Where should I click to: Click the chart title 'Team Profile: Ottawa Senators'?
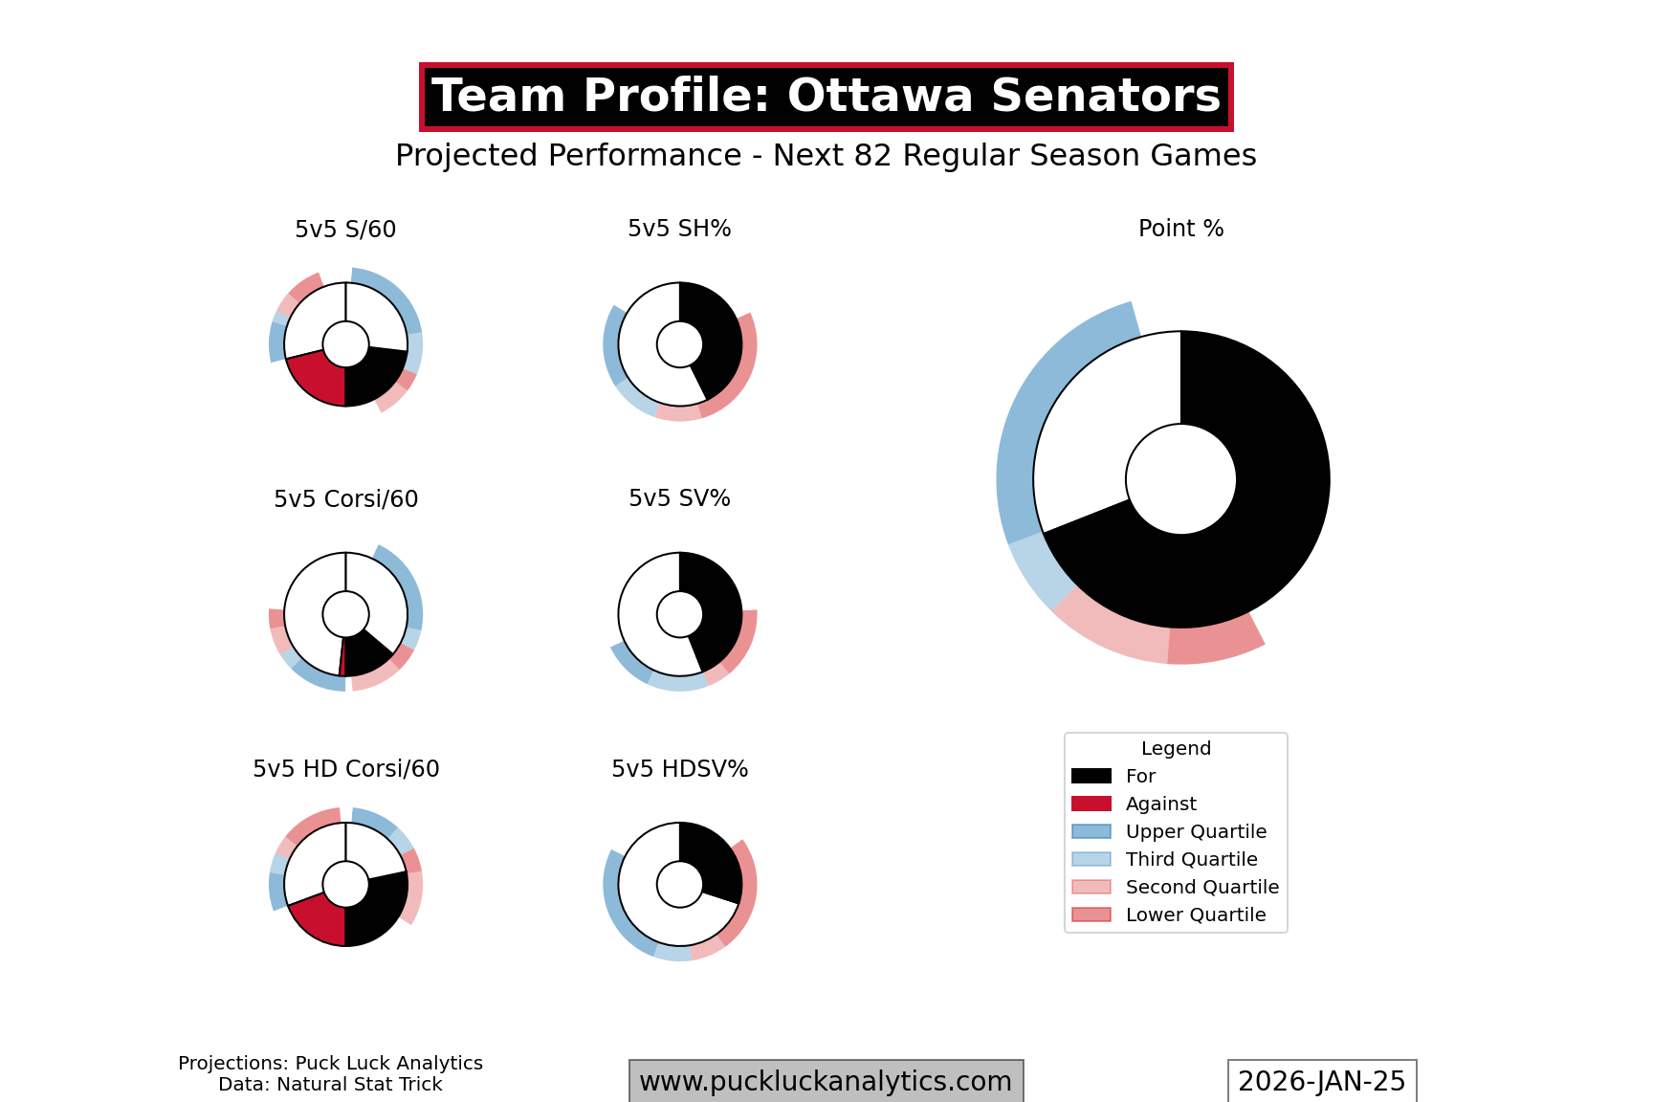point(826,97)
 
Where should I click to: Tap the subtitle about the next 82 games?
point(826,155)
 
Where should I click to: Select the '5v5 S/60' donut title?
point(345,230)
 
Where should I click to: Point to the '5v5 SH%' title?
point(679,229)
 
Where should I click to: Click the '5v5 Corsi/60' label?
point(345,499)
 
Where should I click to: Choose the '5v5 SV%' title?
point(679,498)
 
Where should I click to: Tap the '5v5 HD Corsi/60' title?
point(345,769)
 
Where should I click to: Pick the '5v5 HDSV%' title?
point(679,769)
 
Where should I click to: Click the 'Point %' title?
point(1180,229)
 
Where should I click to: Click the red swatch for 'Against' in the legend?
point(1091,804)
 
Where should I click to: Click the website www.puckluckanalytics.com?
point(826,1081)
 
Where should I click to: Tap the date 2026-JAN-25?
point(1322,1081)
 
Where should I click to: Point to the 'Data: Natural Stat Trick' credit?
point(330,1085)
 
